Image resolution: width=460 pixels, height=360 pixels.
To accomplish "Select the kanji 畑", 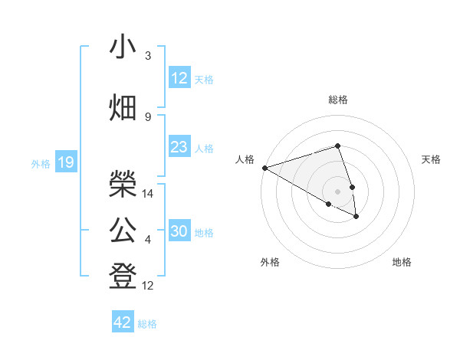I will pyautogui.click(x=123, y=108).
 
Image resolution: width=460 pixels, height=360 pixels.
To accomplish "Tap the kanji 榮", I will pyautogui.click(x=123, y=182).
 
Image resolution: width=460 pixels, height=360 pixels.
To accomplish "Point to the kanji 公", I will pyautogui.click(x=123, y=228).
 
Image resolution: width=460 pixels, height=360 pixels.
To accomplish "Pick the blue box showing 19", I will pyautogui.click(x=66, y=162).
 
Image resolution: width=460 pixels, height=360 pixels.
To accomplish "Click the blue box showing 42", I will pyautogui.click(x=123, y=322).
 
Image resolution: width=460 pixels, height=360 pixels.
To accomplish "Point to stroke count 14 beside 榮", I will pyautogui.click(x=148, y=194).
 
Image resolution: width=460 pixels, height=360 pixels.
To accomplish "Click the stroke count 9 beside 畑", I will pyautogui.click(x=148, y=116).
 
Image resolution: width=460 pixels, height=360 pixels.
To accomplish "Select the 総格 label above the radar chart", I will pyautogui.click(x=338, y=100).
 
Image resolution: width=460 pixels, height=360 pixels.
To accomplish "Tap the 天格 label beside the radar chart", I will pyautogui.click(x=432, y=159).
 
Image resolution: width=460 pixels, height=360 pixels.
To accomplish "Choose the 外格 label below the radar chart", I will pyautogui.click(x=270, y=262).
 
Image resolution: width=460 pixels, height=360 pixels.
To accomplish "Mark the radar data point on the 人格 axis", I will pyautogui.click(x=264, y=167).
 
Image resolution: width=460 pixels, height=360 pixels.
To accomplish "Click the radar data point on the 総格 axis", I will pyautogui.click(x=338, y=146).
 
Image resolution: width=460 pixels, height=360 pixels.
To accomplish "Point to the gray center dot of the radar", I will pyautogui.click(x=338, y=191).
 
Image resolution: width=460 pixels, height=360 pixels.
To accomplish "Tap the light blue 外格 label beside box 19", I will pyautogui.click(x=41, y=163).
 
